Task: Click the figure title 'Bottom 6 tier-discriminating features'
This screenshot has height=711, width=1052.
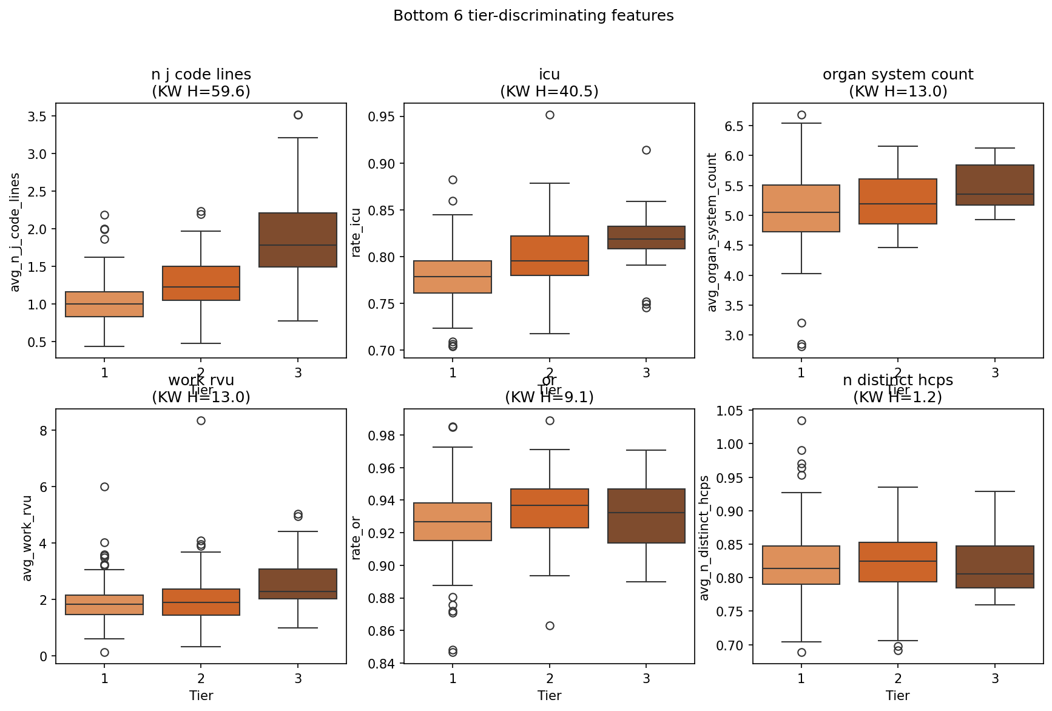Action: [x=533, y=16]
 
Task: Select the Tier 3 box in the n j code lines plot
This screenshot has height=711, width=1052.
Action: [x=298, y=240]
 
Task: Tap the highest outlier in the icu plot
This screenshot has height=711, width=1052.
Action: [x=550, y=115]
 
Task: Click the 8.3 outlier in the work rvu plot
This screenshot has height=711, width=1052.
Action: [x=201, y=420]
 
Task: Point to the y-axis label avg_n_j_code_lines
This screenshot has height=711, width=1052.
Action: [x=15, y=232]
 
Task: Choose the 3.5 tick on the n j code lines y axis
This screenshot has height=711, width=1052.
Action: [x=38, y=116]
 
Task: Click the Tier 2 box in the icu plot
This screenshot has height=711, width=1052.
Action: [x=550, y=255]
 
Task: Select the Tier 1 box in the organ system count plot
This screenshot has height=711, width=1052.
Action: [x=801, y=208]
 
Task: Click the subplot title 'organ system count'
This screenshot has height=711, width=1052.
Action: [x=898, y=75]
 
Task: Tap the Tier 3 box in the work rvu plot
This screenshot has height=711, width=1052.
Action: [x=298, y=584]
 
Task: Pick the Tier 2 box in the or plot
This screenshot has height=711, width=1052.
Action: [x=550, y=508]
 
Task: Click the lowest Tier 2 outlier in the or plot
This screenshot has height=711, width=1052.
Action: [x=550, y=625]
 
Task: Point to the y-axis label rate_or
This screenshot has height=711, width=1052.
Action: [x=356, y=537]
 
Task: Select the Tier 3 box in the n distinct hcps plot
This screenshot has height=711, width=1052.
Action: [x=995, y=567]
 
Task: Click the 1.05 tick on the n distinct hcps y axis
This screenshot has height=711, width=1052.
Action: [x=731, y=411]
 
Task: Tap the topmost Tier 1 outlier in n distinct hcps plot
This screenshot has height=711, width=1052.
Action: [x=801, y=420]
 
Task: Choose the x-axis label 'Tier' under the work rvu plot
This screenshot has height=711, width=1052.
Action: [x=201, y=695]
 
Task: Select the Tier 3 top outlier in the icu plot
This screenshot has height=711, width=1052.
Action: [x=646, y=150]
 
